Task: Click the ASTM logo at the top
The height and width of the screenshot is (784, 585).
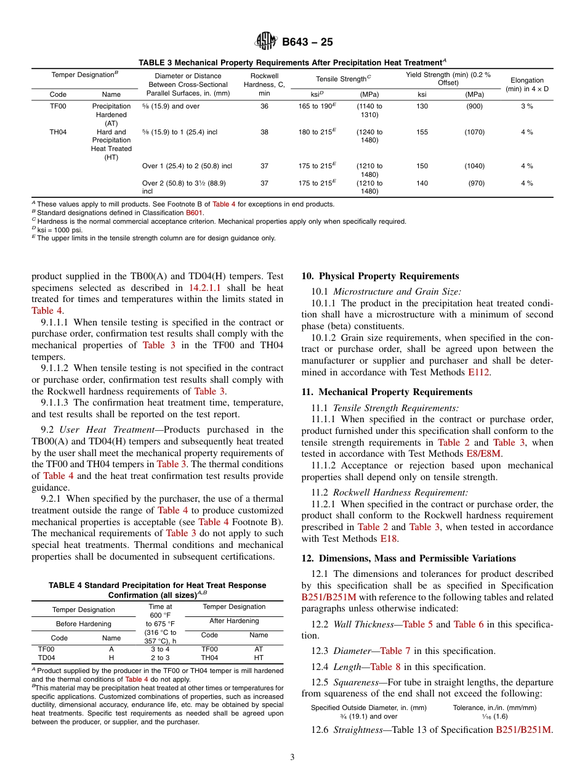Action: [x=266, y=42]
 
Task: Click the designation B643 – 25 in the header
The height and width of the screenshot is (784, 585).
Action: [x=307, y=43]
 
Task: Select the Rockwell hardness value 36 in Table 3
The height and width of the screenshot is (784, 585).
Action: [x=264, y=106]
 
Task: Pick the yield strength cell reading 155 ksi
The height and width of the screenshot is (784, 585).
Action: [x=422, y=132]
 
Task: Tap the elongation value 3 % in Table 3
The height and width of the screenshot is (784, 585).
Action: [x=526, y=106]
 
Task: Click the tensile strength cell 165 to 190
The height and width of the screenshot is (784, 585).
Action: [x=317, y=106]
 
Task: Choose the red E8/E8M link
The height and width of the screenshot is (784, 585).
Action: [x=485, y=454]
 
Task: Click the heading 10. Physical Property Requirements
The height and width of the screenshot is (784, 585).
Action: [x=380, y=276]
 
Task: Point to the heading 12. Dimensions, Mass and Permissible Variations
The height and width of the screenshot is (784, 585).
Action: [x=408, y=558]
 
